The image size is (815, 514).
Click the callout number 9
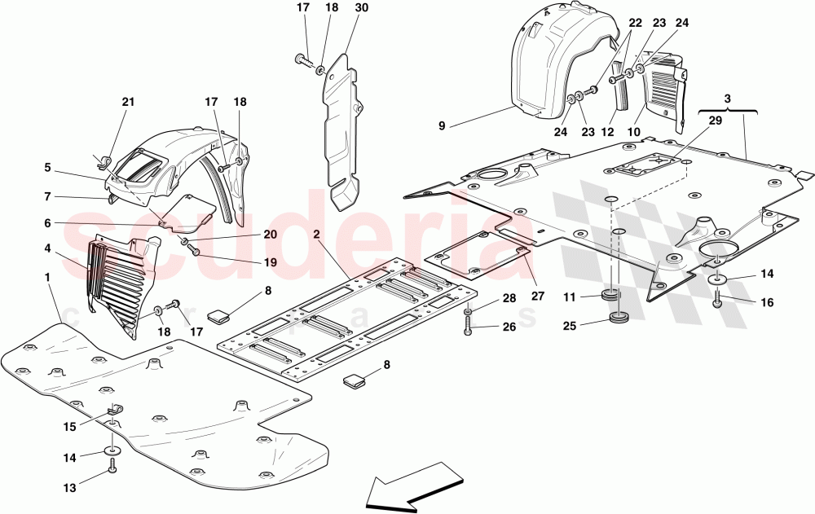441,126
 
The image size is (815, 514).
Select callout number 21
127,102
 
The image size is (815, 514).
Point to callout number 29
716,121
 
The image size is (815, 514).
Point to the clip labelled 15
114,411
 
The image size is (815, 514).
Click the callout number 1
48,278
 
